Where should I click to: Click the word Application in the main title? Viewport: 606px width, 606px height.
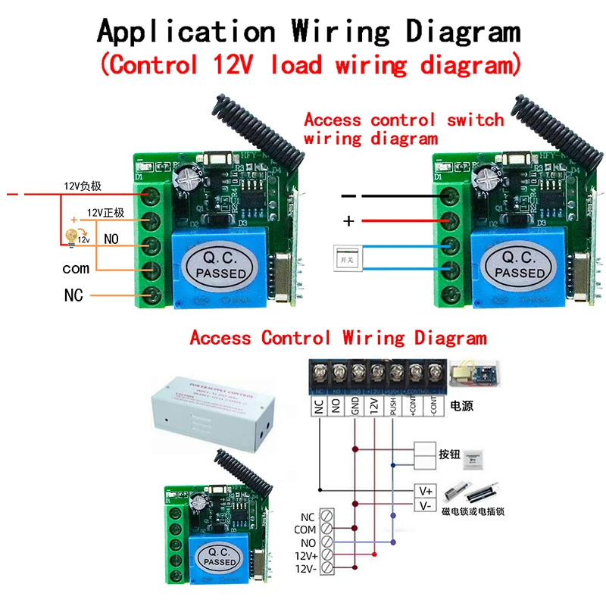click(x=186, y=32)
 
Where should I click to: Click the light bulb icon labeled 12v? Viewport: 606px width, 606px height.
click(x=73, y=237)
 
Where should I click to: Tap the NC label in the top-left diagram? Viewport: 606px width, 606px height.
click(x=73, y=295)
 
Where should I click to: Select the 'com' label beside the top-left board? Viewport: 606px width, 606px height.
click(x=76, y=268)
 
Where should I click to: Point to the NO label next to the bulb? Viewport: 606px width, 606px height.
click(x=111, y=239)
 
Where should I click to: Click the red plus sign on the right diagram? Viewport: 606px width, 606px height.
click(x=349, y=221)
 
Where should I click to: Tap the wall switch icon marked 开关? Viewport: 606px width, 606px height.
click(x=344, y=258)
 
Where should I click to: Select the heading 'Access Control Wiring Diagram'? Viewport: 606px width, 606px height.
click(x=338, y=337)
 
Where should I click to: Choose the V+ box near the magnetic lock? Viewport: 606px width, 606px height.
click(x=425, y=491)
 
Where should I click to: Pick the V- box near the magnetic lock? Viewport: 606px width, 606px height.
click(x=425, y=505)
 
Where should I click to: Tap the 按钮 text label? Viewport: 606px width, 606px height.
click(x=449, y=455)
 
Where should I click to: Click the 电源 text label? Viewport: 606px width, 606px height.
click(x=461, y=407)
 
